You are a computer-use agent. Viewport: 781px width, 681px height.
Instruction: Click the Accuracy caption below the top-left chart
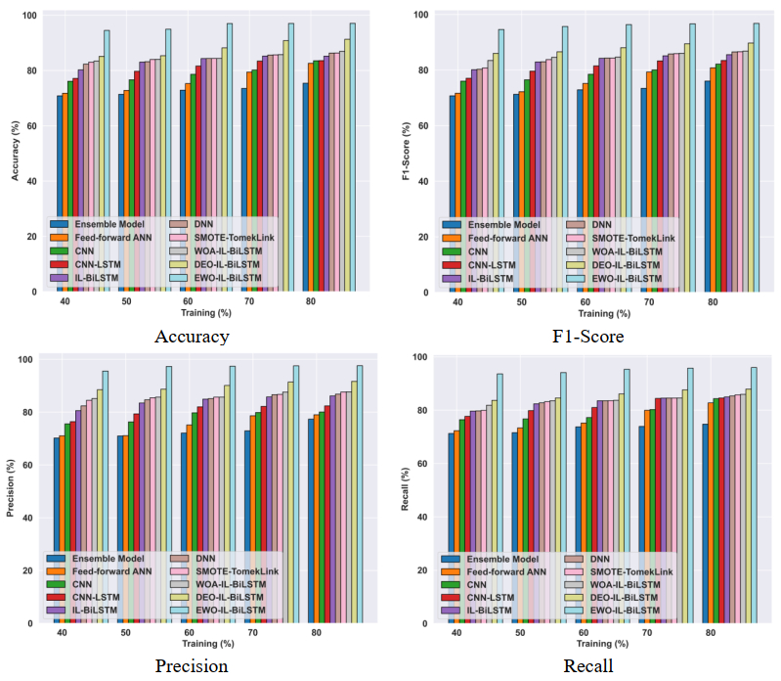192,337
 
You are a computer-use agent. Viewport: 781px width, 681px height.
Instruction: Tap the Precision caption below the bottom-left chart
192,666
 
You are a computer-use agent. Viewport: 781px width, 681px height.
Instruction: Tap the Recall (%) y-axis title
404,487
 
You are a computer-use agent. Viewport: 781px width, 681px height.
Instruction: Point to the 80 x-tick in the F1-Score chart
714,304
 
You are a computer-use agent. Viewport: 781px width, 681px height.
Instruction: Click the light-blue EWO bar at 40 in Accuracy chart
108,161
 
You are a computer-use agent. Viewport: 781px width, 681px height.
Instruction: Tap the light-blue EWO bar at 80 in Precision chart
360,493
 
